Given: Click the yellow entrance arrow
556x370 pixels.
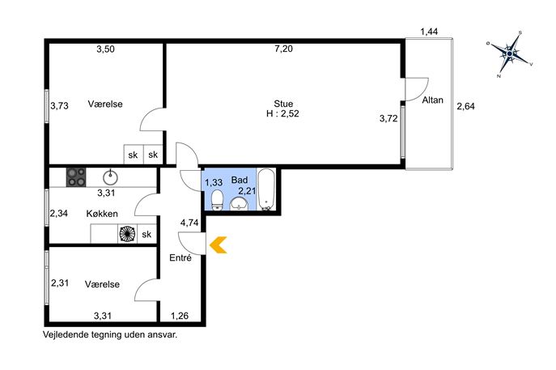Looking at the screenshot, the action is (217, 245).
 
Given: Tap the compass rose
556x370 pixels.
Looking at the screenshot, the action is (510, 53).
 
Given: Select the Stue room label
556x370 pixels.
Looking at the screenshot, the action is (283, 104).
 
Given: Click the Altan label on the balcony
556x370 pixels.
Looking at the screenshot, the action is (433, 100).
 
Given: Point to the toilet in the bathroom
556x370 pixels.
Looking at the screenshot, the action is (217, 200).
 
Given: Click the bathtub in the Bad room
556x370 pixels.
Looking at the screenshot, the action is (266, 189).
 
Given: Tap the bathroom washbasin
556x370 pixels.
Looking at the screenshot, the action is (240, 205).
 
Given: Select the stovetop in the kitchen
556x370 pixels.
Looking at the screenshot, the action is (76, 177).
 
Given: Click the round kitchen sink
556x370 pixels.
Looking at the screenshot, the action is (110, 177).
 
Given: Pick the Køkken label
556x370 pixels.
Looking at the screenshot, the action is (102, 214).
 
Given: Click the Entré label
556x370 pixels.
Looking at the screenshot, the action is (180, 258).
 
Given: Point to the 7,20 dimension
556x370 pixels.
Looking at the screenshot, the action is (284, 49).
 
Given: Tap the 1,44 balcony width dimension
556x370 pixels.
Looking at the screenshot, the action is (429, 32).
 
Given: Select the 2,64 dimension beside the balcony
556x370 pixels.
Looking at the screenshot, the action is (465, 106).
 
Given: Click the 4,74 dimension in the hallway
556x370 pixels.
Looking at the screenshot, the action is (189, 223).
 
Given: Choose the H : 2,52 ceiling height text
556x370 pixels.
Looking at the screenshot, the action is (282, 113).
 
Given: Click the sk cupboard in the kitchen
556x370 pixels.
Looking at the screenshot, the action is (146, 234).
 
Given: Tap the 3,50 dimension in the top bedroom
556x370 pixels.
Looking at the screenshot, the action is (106, 49).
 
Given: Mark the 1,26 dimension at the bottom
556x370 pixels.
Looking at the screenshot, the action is (180, 316).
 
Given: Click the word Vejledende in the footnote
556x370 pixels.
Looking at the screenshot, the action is (66, 334).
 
